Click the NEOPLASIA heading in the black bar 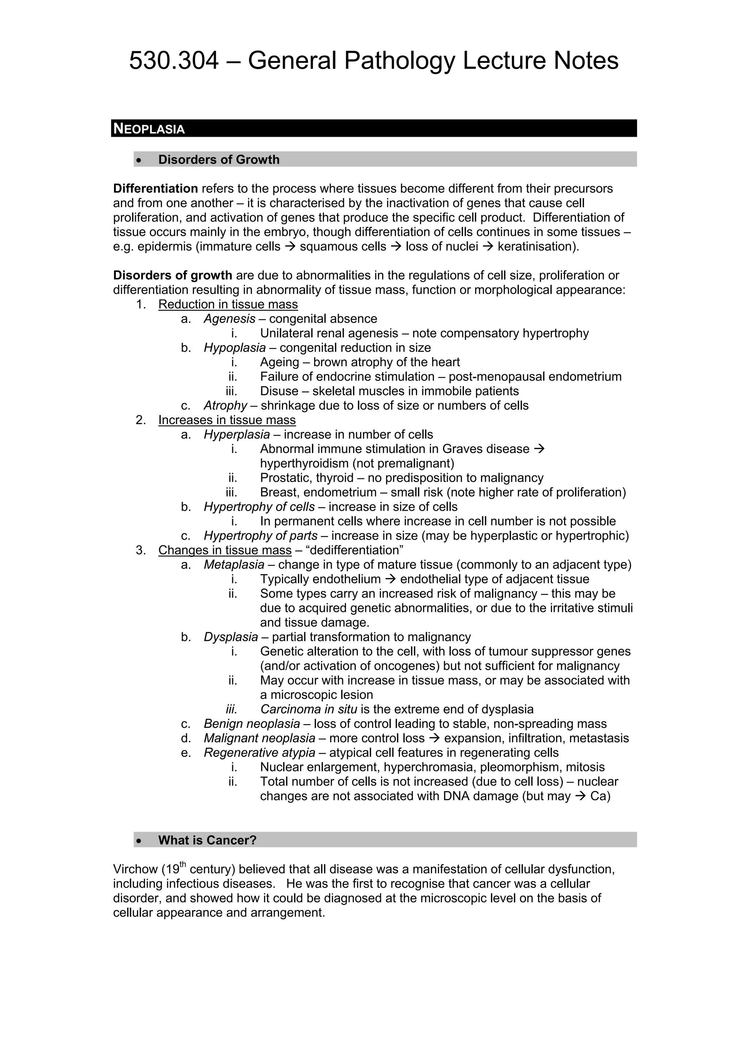click(x=149, y=129)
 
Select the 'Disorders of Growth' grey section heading click(x=218, y=160)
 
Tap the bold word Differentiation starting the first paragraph click(x=155, y=189)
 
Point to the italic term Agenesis click(x=229, y=319)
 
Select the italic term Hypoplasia click(x=234, y=348)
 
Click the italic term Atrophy click(x=225, y=405)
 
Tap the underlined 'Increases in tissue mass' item click(x=227, y=420)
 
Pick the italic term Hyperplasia click(x=236, y=435)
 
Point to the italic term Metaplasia click(x=234, y=564)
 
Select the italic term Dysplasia click(x=230, y=637)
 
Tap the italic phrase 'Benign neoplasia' click(x=252, y=724)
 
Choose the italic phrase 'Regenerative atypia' click(x=259, y=753)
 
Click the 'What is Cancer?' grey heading click(x=207, y=840)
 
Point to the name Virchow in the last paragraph click(x=136, y=869)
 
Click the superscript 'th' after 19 click(x=183, y=865)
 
